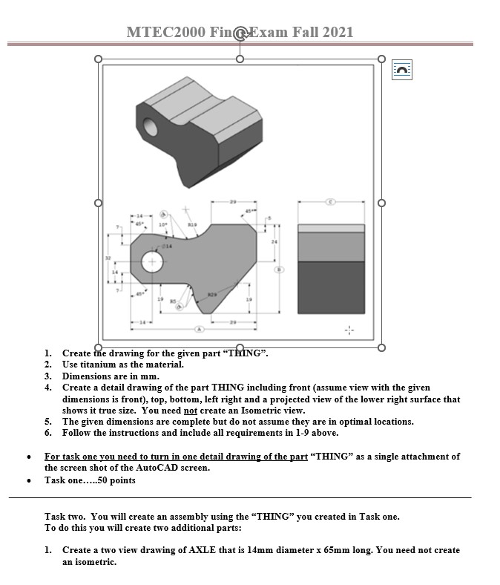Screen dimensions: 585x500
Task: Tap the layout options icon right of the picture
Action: (401, 70)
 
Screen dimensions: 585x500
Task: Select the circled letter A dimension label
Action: (198, 328)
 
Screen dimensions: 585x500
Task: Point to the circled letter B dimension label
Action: (280, 269)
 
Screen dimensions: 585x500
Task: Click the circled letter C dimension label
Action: (331, 201)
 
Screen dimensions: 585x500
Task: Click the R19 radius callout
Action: (191, 223)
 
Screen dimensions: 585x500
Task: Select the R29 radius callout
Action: (212, 294)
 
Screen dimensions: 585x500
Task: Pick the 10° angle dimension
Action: (161, 224)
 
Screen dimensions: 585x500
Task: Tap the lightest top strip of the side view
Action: (331, 228)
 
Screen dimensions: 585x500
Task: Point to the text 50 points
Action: (117, 480)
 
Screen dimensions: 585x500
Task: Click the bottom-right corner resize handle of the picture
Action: (381, 347)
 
